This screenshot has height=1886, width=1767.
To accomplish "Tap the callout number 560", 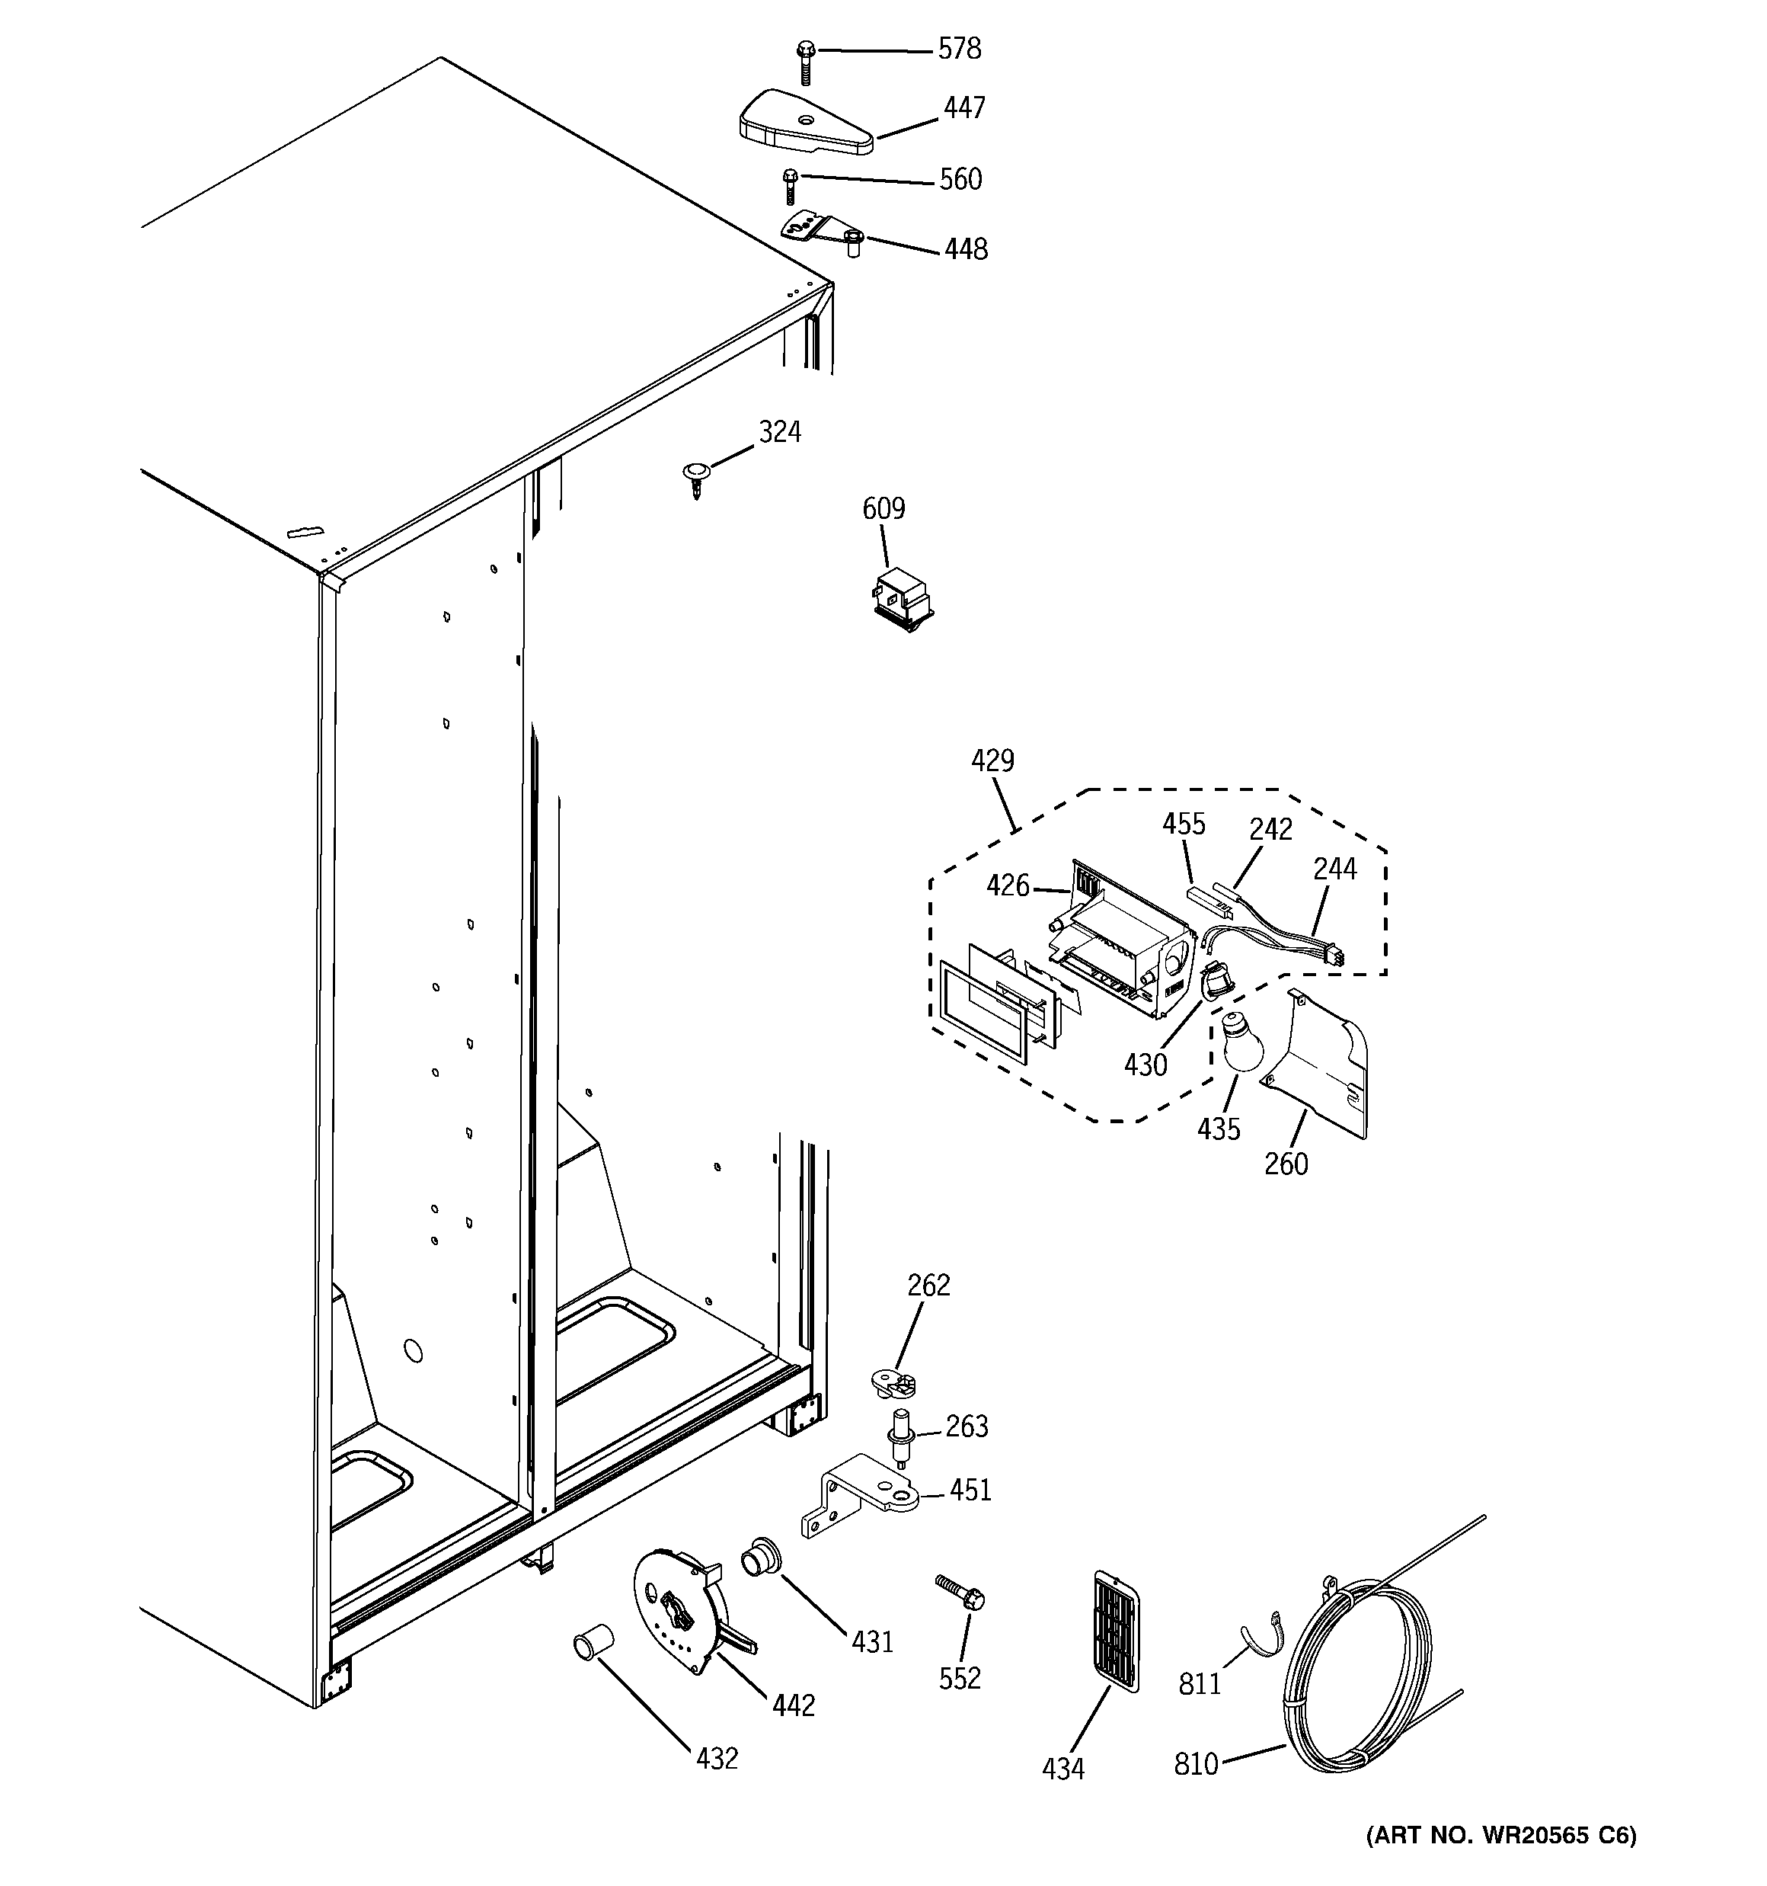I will coord(960,179).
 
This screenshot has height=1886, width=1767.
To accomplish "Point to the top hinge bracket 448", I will coord(820,233).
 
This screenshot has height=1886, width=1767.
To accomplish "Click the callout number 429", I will coord(992,760).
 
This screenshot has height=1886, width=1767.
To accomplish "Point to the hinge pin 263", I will coord(898,1451).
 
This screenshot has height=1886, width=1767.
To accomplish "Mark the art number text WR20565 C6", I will coord(1500,1835).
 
